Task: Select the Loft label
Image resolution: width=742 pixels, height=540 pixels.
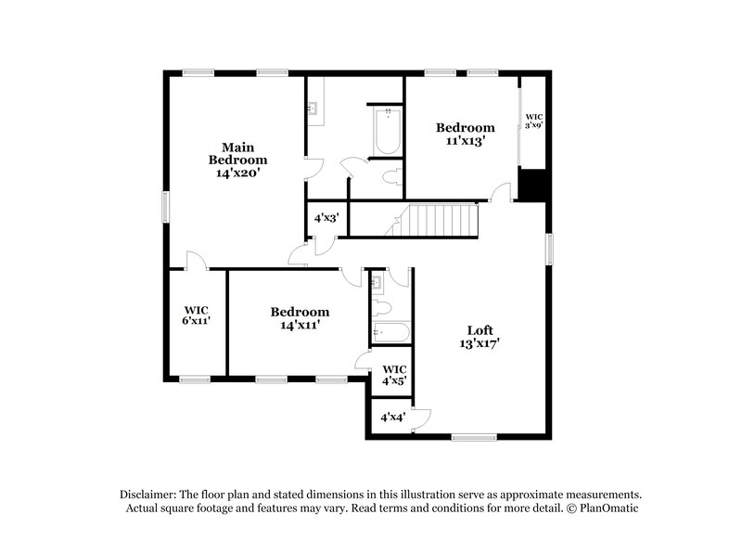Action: coord(479,330)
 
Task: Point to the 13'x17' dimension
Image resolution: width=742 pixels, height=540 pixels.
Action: coord(479,343)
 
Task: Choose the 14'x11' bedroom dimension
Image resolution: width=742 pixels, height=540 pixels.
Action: coord(300,325)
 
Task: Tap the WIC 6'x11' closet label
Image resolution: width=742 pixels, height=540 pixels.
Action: coord(197,315)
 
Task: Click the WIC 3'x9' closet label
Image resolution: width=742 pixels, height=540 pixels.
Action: coord(533,121)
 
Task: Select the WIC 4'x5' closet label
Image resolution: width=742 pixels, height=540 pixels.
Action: coord(394,374)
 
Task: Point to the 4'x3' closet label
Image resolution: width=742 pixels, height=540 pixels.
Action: coord(326,219)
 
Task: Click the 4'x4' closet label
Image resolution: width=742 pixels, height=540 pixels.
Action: coord(392,418)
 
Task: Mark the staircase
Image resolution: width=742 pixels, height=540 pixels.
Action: coord(441,221)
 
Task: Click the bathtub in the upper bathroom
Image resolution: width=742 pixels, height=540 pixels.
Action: coord(386,133)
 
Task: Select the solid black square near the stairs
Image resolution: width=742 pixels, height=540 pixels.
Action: coord(532,185)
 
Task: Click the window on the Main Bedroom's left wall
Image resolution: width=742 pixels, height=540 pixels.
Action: coord(167,207)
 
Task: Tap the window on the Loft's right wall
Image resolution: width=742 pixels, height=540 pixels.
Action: coord(549,249)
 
